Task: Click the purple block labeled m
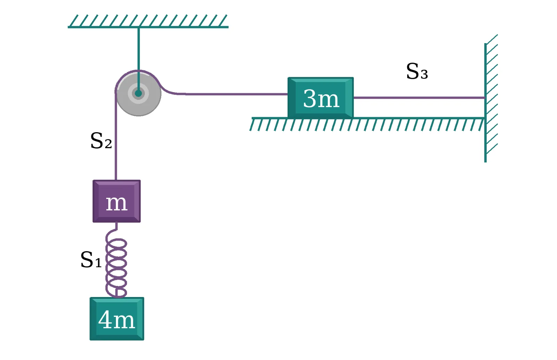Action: [117, 201]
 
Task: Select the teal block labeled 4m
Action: [117, 319]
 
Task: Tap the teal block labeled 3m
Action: [321, 97]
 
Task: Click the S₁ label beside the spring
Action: [91, 259]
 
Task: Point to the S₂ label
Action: [101, 141]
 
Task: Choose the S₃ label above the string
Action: [417, 71]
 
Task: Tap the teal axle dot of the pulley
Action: [139, 94]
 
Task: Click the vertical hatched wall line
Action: [485, 103]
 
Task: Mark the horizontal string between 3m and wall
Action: [419, 98]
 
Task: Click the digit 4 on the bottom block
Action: [106, 320]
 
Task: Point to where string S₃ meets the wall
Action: [485, 98]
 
